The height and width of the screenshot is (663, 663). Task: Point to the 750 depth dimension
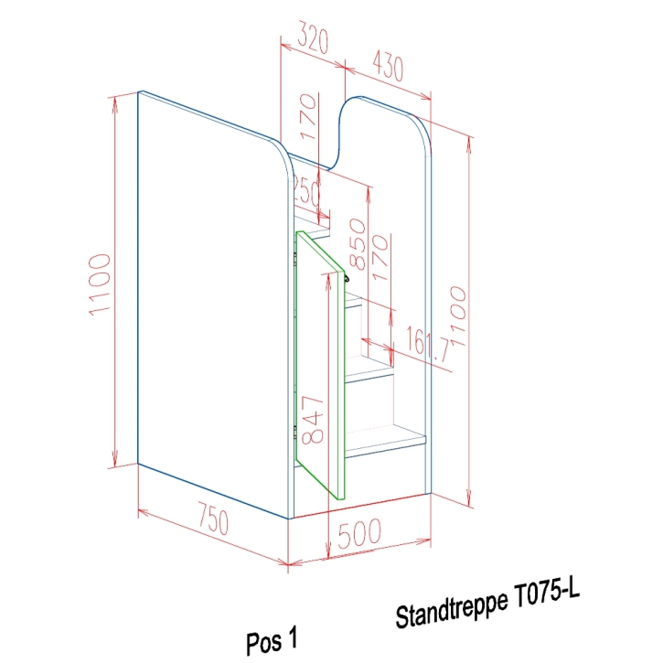[209, 522]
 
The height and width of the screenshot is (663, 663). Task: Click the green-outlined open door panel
[321, 366]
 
